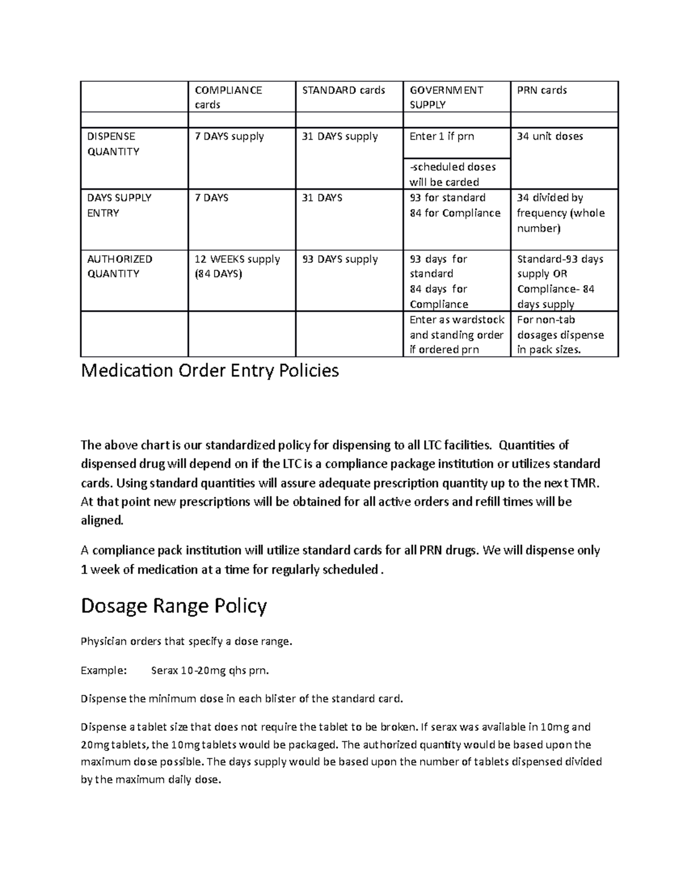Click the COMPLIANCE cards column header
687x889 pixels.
click(228, 97)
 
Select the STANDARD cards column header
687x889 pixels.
click(343, 90)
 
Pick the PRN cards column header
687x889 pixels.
click(542, 90)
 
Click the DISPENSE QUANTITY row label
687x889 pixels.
click(113, 144)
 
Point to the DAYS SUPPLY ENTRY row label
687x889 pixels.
click(119, 205)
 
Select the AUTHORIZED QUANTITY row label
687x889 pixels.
click(119, 266)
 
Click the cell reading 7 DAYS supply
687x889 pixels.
click(229, 137)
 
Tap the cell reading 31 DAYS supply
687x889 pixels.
click(339, 137)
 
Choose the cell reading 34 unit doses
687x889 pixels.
click(550, 137)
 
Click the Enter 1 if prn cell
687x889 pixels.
click(441, 137)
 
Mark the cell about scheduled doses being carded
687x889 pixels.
click(452, 174)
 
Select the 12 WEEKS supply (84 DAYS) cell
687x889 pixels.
click(237, 266)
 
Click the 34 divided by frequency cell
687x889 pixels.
click(560, 213)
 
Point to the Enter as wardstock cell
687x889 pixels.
click(456, 334)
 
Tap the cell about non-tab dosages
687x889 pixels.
click(560, 334)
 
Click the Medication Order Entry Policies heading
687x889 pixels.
click(210, 371)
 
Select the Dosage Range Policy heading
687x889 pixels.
click(173, 606)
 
